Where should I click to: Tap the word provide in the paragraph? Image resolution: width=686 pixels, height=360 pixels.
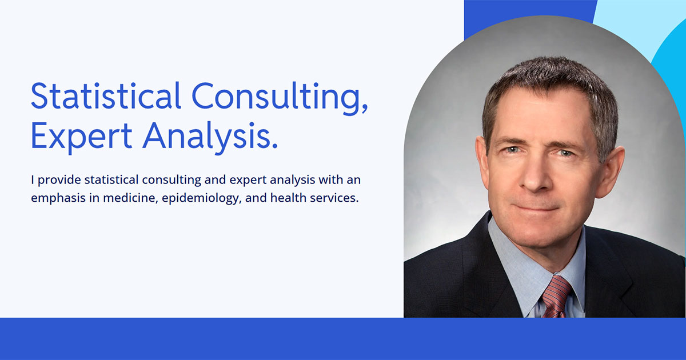(x=59, y=181)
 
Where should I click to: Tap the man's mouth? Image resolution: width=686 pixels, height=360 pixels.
(x=535, y=207)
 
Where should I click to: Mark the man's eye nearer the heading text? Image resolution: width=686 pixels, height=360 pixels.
(x=512, y=150)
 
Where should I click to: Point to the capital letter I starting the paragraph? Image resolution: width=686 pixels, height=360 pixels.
(x=33, y=181)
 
